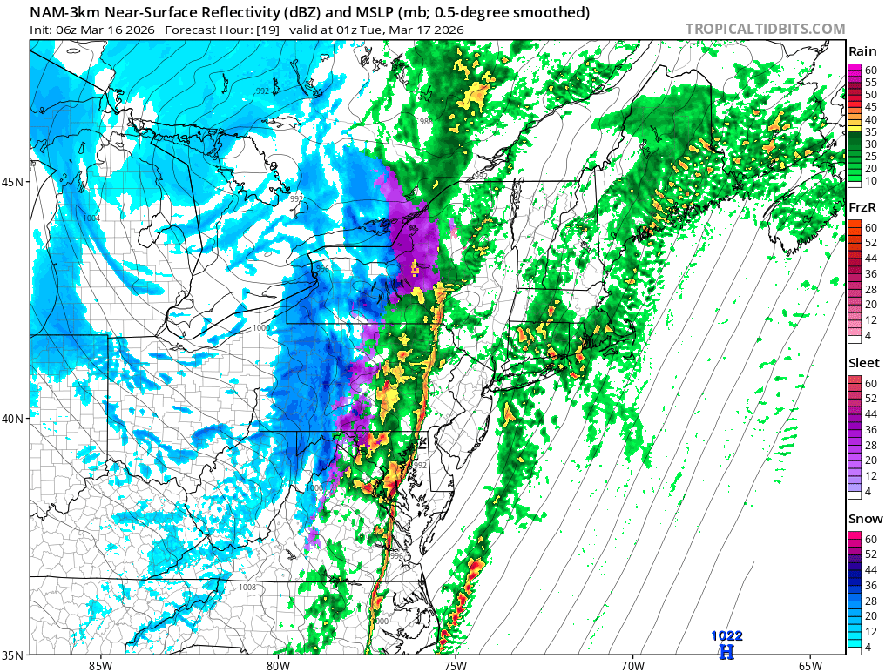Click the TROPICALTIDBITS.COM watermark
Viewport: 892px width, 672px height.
tap(765, 29)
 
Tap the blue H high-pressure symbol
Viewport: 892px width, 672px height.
tap(726, 650)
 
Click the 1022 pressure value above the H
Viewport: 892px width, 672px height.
tap(726, 636)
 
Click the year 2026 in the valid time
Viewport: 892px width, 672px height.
tap(446, 30)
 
